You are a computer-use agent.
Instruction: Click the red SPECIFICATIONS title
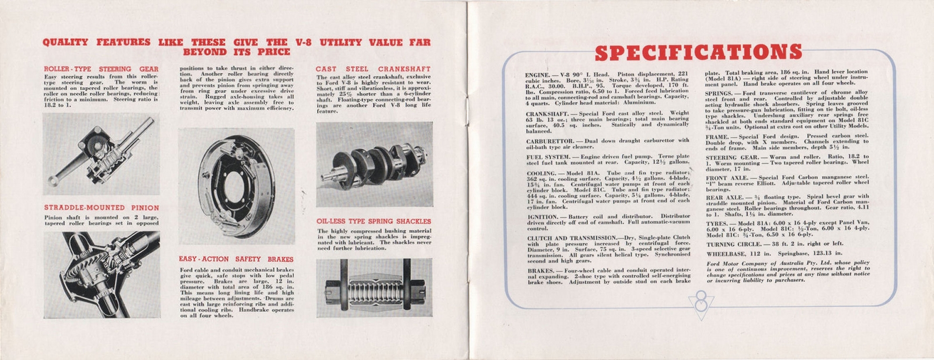[698, 53]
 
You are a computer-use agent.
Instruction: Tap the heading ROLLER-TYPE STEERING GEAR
[101, 69]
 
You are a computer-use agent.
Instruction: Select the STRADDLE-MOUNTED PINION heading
[101, 208]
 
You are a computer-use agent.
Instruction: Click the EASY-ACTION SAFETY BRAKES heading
[236, 259]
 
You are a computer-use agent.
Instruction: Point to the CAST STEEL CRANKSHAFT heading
[374, 69]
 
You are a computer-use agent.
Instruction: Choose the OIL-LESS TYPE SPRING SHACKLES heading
[374, 222]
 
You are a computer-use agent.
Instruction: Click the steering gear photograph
[101, 154]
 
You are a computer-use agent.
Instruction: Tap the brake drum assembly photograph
[236, 187]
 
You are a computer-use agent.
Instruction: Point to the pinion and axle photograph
[101, 274]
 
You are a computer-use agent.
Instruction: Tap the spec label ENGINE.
[538, 75]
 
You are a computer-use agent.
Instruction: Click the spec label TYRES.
[716, 224]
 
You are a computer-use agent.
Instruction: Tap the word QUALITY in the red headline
[65, 43]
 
